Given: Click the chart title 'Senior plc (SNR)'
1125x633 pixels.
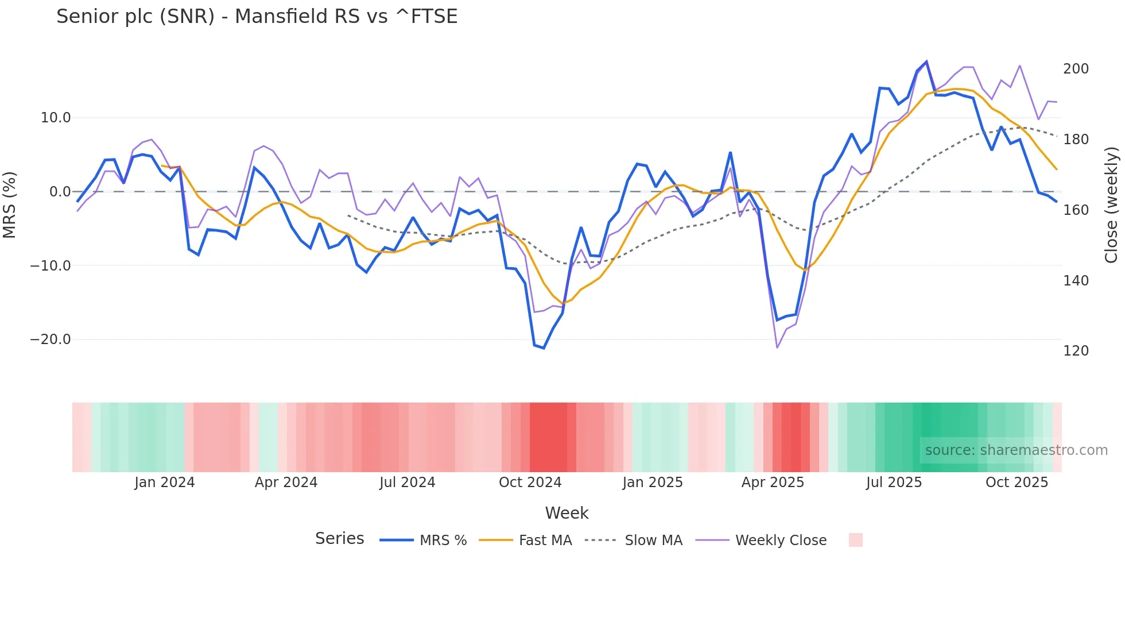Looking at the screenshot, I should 257,17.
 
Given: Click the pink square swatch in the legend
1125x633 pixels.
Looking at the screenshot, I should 855,540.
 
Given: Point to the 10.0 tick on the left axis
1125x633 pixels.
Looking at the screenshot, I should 56,118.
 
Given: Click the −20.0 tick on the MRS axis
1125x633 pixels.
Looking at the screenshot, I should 51,339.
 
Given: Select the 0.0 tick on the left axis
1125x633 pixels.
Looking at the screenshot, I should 60,192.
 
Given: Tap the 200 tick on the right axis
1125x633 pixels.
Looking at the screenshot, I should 1076,69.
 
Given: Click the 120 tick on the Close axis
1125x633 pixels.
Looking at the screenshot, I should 1076,351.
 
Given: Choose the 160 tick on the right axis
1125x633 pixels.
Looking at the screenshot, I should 1076,210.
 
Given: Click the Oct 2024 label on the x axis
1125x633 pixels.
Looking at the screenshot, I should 530,483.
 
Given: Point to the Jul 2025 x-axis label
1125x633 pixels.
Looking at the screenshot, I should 894,483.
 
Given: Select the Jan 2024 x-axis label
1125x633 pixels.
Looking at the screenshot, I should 165,483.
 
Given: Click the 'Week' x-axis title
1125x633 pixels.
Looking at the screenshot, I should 567,513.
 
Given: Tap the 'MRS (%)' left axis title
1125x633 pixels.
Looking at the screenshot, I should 10,205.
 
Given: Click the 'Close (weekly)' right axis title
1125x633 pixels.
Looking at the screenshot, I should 1112,205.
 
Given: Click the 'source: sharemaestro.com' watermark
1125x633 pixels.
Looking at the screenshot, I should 1016,450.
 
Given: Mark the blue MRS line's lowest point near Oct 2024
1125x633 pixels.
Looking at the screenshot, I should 544,348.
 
